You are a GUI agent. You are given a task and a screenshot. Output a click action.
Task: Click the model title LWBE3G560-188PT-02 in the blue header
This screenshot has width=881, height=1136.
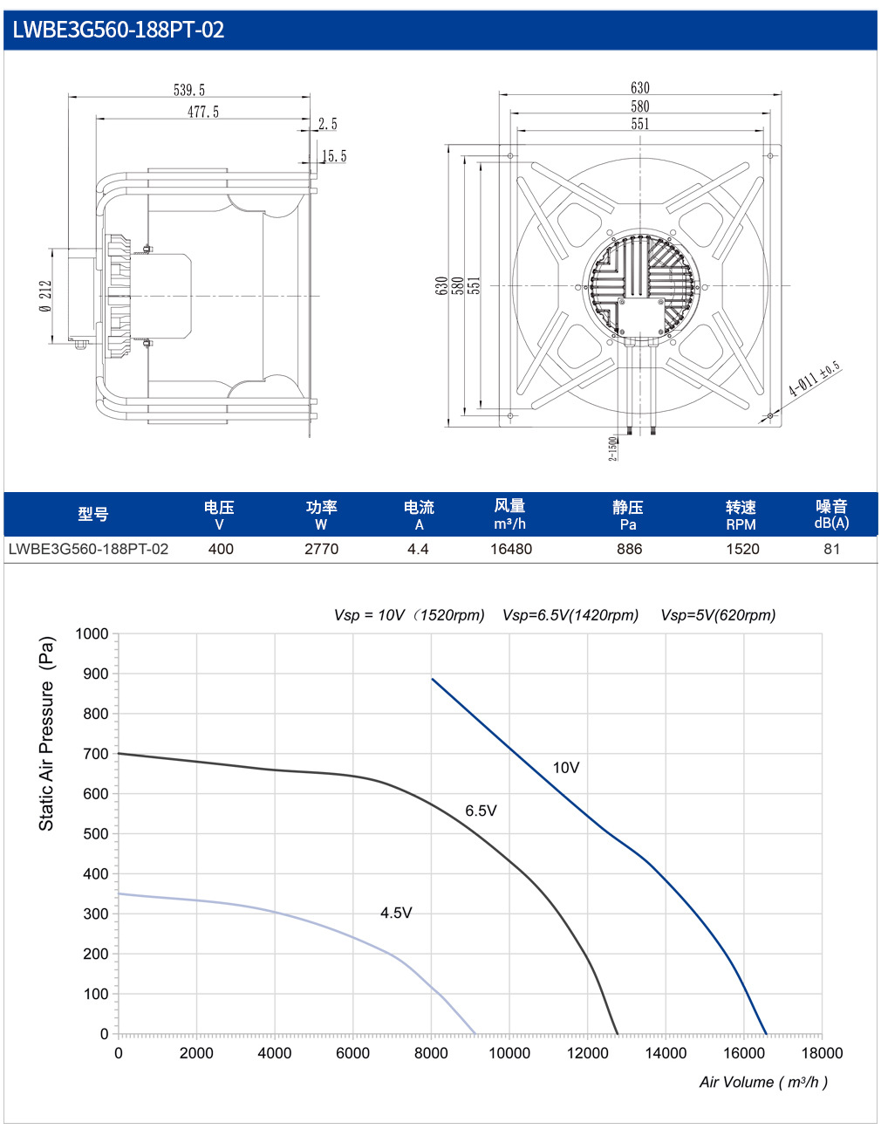[119, 30]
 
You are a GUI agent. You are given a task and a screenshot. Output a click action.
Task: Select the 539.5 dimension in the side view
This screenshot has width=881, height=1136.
[189, 91]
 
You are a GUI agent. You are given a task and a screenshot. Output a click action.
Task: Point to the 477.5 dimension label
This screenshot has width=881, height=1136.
[203, 112]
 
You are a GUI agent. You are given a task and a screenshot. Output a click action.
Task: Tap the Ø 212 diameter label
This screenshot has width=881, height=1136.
[46, 297]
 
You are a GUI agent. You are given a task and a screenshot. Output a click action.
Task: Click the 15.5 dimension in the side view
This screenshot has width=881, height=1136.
[334, 156]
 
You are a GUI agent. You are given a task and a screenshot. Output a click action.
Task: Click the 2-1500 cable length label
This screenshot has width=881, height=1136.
[612, 449]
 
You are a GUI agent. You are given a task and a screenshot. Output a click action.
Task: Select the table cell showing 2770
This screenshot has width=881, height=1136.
[321, 549]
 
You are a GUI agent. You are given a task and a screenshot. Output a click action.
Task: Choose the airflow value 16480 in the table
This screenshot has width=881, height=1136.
[511, 549]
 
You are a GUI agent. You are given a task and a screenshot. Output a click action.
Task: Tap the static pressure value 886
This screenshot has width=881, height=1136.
[629, 549]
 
